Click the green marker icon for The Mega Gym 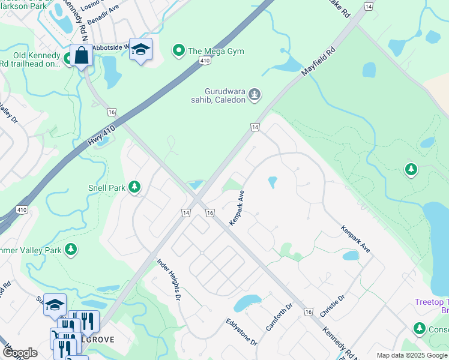[178, 51]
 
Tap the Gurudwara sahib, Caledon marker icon [255, 95]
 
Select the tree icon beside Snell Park [135, 188]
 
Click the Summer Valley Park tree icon [71, 248]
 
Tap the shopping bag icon [80, 56]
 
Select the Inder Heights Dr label [169, 279]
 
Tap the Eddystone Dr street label [241, 332]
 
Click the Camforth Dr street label [279, 317]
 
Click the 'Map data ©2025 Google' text [412, 355]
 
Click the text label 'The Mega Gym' [216, 51]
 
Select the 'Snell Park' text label [108, 188]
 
